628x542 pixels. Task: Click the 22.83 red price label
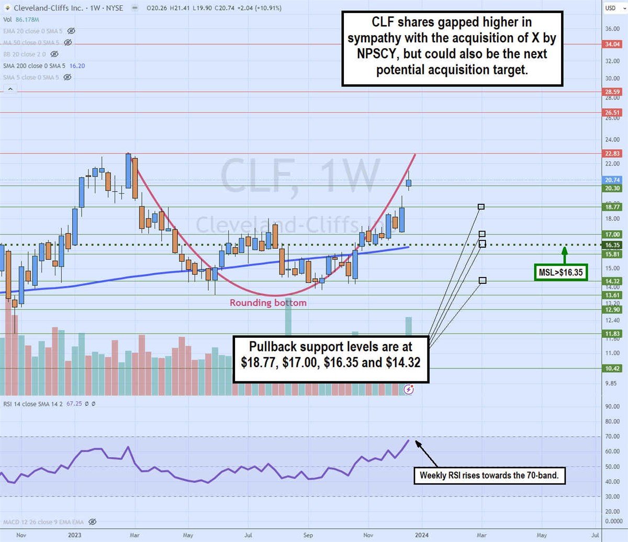point(612,154)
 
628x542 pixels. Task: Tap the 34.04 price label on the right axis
point(612,45)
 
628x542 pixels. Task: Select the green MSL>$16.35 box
point(561,272)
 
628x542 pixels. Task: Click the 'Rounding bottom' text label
point(268,303)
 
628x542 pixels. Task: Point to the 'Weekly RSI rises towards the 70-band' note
point(490,476)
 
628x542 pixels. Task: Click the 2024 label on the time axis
point(422,535)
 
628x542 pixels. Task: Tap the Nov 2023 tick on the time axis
point(369,535)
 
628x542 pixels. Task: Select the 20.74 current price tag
point(612,180)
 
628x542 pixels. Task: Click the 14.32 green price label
point(612,281)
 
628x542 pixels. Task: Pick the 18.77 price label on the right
point(612,207)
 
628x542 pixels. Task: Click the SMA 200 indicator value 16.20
point(77,65)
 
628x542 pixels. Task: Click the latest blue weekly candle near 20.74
point(409,183)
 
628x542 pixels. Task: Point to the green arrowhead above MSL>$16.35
point(564,250)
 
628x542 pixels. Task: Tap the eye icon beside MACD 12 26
point(93,522)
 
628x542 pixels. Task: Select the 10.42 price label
point(612,369)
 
